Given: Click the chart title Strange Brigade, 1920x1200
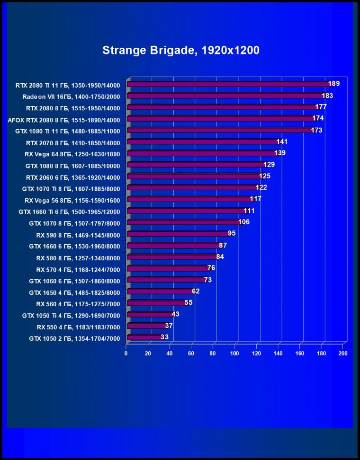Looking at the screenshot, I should coord(180,50).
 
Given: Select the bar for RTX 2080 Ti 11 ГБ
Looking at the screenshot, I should coord(227,84).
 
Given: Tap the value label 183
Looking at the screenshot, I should coord(327,96).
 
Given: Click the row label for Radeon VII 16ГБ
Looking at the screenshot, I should coord(71,97).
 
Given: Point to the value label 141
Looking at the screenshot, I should coord(282,142).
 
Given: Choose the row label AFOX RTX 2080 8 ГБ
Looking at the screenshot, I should coord(64,120).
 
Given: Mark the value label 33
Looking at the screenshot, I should coord(164,337).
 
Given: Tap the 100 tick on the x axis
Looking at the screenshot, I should coord(234,353).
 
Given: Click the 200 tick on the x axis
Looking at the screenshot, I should coord(343,353).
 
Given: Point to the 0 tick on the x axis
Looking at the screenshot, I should coord(126,353).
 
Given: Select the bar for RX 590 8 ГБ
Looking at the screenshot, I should coord(177,234).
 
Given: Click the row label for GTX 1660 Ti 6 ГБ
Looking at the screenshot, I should coord(69,212).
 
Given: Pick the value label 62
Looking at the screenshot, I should coord(195,291).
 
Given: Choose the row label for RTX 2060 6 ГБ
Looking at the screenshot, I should coord(72,177).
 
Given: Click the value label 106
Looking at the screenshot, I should coord(244,222).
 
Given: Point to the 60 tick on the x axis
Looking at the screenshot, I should coord(191,353).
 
